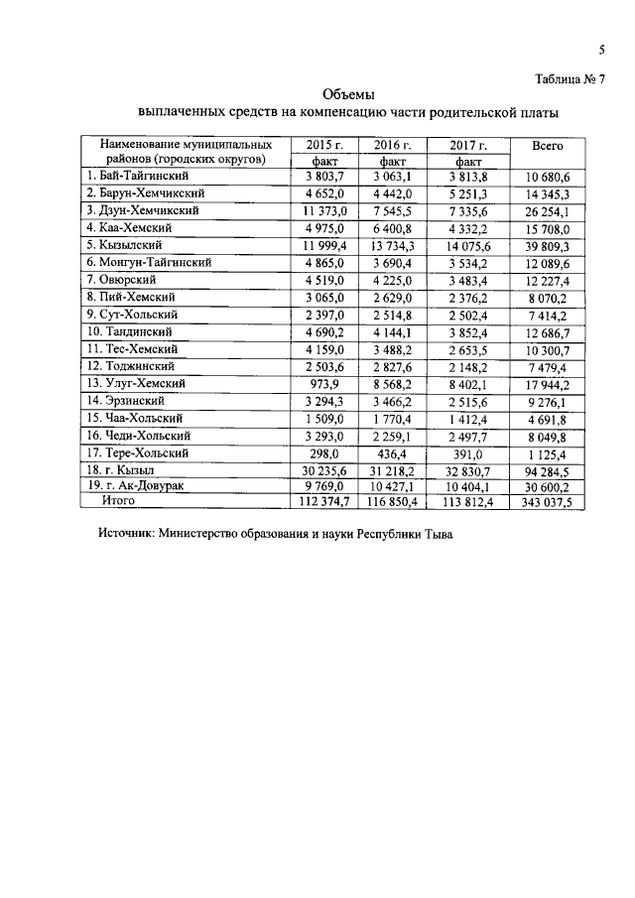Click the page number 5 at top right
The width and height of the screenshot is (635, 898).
point(602,51)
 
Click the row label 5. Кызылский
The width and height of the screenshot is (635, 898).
point(130,244)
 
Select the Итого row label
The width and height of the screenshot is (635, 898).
point(118,502)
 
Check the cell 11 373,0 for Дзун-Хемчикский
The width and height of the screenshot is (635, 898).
point(322,210)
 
